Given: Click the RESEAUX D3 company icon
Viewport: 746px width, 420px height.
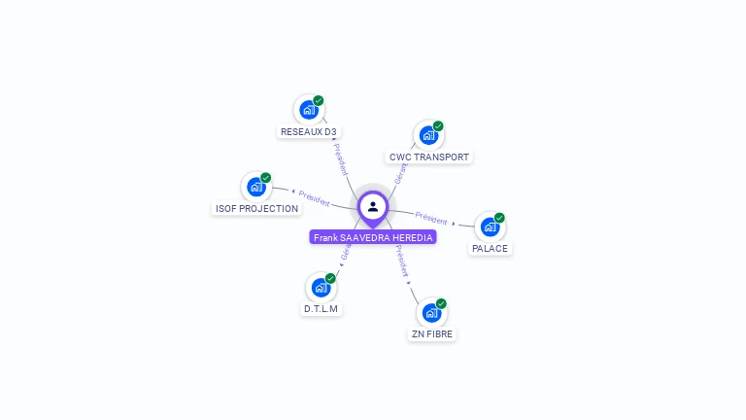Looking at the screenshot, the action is (309, 110).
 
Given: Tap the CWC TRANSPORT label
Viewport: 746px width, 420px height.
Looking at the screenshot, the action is (428, 157).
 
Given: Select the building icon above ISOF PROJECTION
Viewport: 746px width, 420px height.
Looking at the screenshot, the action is (256, 187).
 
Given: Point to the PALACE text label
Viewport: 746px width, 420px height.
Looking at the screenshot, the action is (490, 249).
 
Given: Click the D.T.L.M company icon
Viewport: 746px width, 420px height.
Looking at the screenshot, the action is (321, 288).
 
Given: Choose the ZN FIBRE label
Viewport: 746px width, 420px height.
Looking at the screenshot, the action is (431, 334).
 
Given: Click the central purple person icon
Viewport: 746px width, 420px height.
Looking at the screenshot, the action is (373, 206).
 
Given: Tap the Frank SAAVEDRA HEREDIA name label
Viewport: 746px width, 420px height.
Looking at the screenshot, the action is (373, 237).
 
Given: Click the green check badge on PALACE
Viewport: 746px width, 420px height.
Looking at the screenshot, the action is (499, 218).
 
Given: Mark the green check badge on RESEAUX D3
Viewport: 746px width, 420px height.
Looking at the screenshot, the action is (319, 101).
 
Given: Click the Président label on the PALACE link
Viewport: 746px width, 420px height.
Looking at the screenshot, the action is (431, 218).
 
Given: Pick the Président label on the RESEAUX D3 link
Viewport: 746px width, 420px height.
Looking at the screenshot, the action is (340, 159).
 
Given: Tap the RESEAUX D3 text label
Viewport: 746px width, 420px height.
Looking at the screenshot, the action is (309, 132).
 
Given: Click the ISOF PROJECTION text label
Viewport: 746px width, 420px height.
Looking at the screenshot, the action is (256, 209).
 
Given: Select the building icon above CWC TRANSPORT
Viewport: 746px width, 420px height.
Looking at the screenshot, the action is (428, 135).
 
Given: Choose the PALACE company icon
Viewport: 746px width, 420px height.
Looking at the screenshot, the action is (490, 227).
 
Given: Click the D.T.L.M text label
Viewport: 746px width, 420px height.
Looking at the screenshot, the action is (321, 309).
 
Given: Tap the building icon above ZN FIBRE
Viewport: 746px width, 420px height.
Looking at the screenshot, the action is (431, 313).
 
